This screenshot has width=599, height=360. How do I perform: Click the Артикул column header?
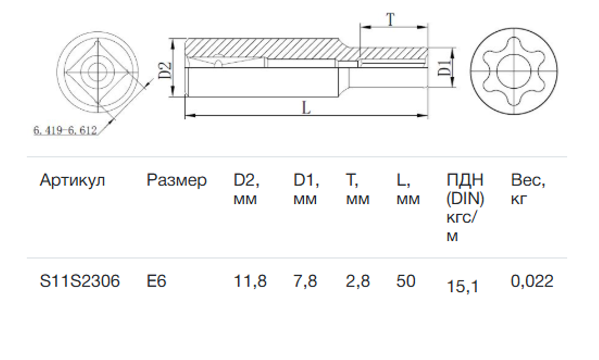72,180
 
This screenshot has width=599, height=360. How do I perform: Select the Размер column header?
176,180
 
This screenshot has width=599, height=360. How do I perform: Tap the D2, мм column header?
246,190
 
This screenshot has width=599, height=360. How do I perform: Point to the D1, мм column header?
306,190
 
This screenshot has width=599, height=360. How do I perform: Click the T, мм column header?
357,190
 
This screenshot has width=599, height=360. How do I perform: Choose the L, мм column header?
408,190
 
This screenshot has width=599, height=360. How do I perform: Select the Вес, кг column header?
528,190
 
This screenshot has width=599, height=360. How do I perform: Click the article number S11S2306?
80,281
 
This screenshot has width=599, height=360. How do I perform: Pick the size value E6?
156,281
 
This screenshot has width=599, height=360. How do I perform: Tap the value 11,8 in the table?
250,281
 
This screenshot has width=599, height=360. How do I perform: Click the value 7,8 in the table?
306,281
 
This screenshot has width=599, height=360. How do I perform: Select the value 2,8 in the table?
358,281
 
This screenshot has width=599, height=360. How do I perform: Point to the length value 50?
406,281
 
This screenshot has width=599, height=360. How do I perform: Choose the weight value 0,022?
532,281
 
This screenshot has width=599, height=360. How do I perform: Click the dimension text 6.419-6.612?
65,130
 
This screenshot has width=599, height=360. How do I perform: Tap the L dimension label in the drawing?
306,108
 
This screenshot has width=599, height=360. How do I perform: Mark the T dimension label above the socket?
391,20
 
